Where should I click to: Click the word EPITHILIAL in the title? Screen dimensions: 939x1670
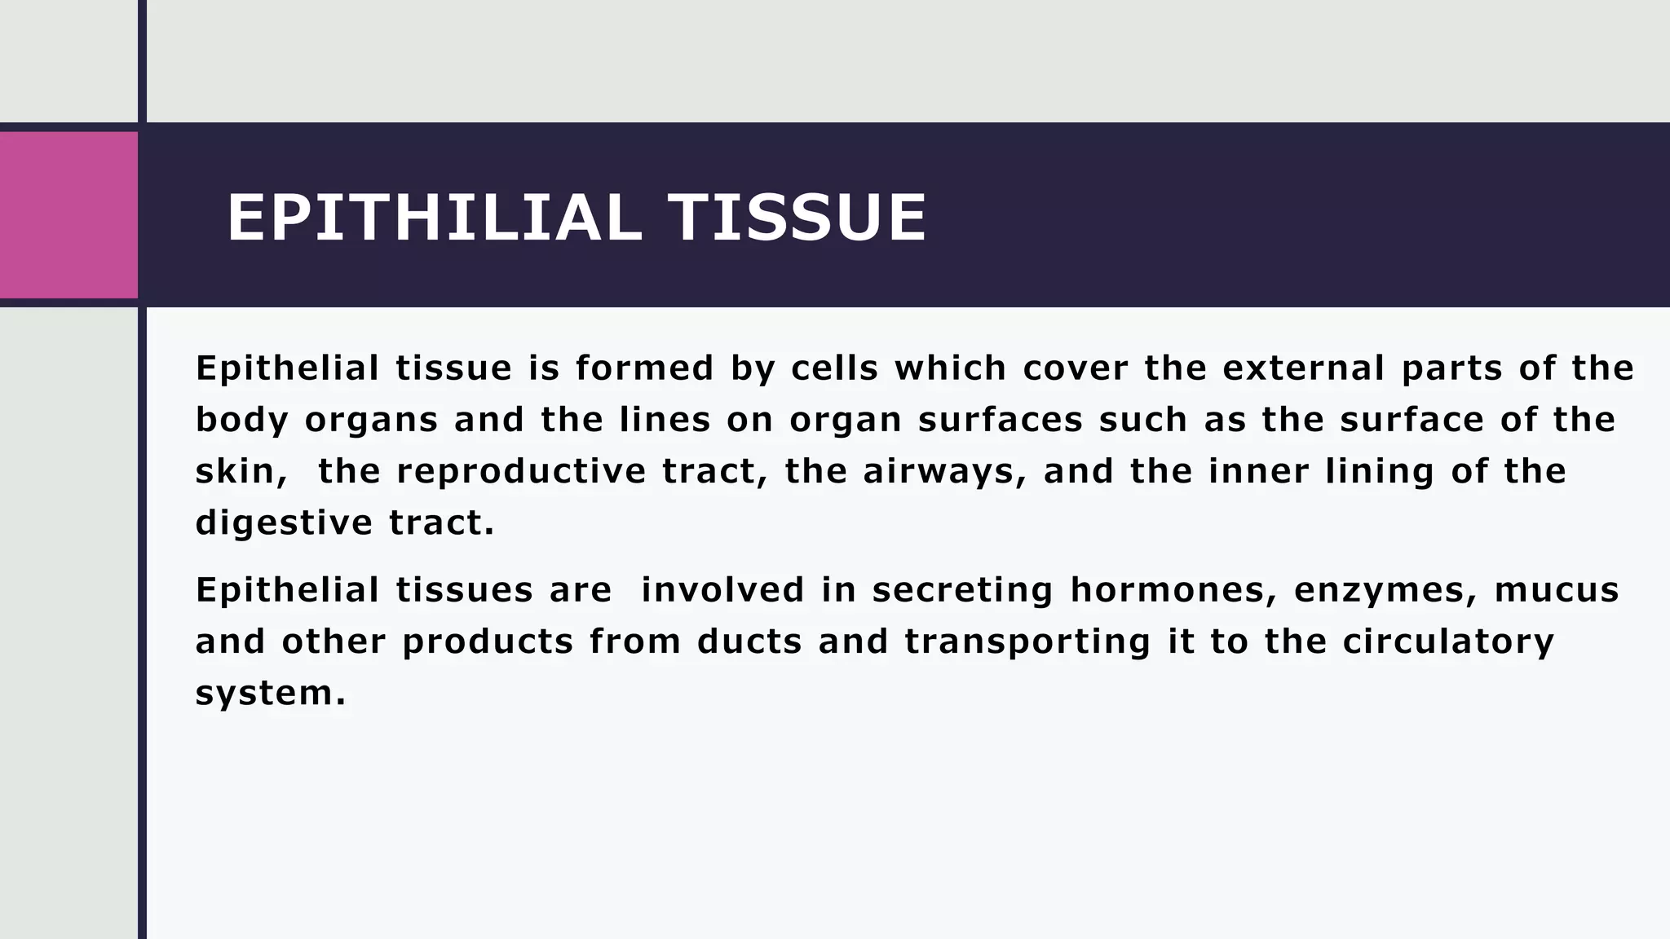pyautogui.click(x=433, y=218)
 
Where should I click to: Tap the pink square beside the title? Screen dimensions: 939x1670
pyautogui.click(x=68, y=215)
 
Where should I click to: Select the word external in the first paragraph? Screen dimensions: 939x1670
pyautogui.click(x=1303, y=368)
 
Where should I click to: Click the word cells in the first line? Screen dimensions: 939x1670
pyautogui.click(x=834, y=368)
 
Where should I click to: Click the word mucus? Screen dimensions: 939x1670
pyautogui.click(x=1556, y=590)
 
